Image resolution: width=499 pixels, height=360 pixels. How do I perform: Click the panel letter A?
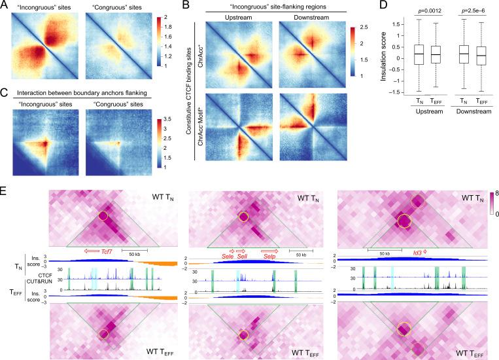point(5,5)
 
